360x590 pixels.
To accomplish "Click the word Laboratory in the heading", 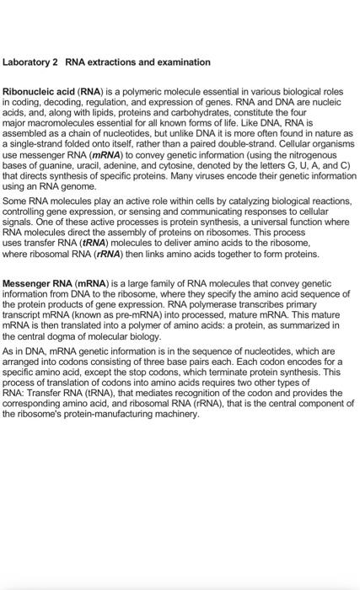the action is [24, 62].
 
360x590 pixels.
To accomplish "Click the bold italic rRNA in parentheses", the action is [113, 254].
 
